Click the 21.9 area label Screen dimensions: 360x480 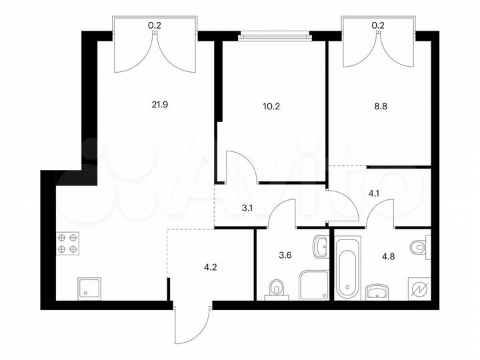click(159, 104)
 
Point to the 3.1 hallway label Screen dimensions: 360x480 click(247, 208)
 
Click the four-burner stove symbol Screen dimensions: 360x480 click(69, 243)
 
